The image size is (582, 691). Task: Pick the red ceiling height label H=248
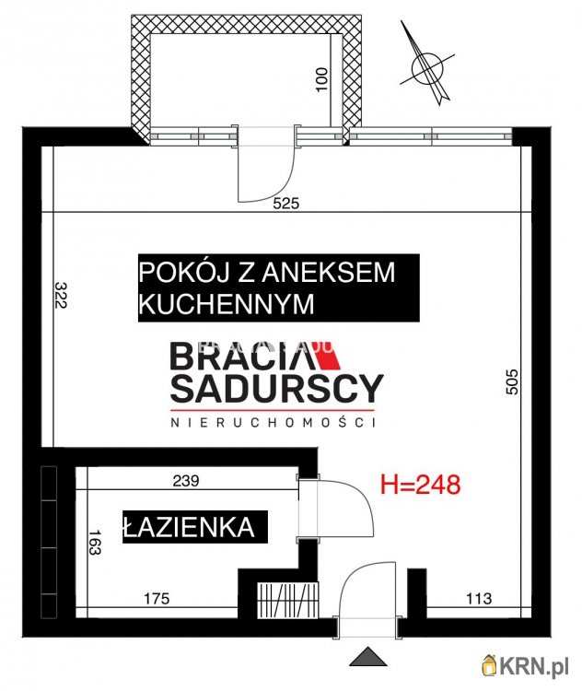point(420,483)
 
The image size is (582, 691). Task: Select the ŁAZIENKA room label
point(188,527)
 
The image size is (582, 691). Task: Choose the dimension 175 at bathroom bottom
point(157,600)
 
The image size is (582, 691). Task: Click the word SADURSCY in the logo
point(275,389)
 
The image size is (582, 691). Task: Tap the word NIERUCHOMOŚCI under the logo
point(275,422)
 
